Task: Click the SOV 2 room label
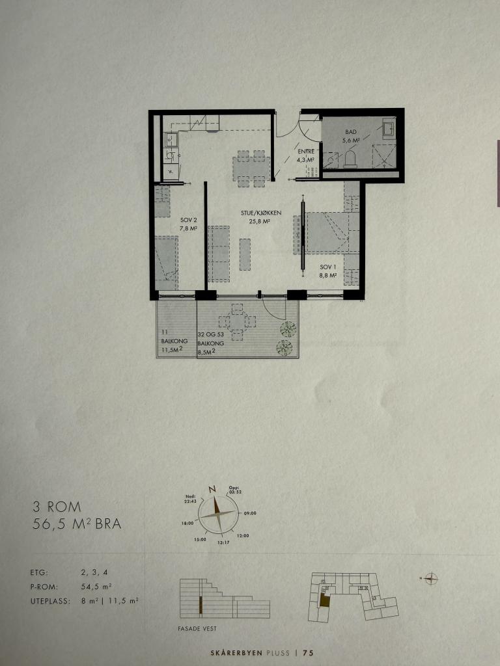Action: [188, 224]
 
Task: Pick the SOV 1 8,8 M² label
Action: [327, 271]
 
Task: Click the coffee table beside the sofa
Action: [245, 254]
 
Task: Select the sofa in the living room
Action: [219, 254]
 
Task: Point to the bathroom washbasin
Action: [389, 127]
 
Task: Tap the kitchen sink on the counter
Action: [171, 139]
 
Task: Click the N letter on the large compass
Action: [212, 489]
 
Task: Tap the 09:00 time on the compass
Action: [250, 513]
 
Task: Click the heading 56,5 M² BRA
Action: [77, 524]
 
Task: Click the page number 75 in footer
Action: [309, 653]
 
